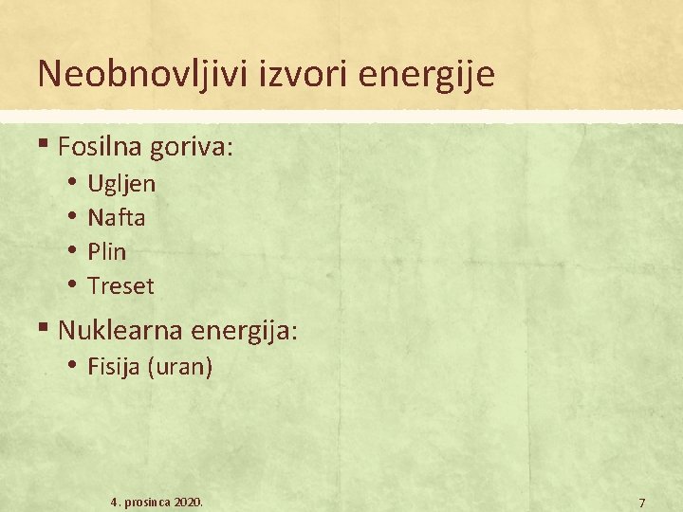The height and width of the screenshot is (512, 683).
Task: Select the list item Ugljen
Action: point(121,184)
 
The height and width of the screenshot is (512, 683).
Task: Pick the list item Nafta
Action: point(116,217)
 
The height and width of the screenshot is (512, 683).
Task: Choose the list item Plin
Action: point(106,251)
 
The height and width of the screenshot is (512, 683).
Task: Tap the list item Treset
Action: point(120,285)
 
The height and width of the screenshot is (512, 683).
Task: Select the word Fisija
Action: point(113,367)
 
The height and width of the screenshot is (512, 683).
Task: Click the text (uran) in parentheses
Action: point(179,367)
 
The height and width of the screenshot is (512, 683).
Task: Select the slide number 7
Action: point(642,502)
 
